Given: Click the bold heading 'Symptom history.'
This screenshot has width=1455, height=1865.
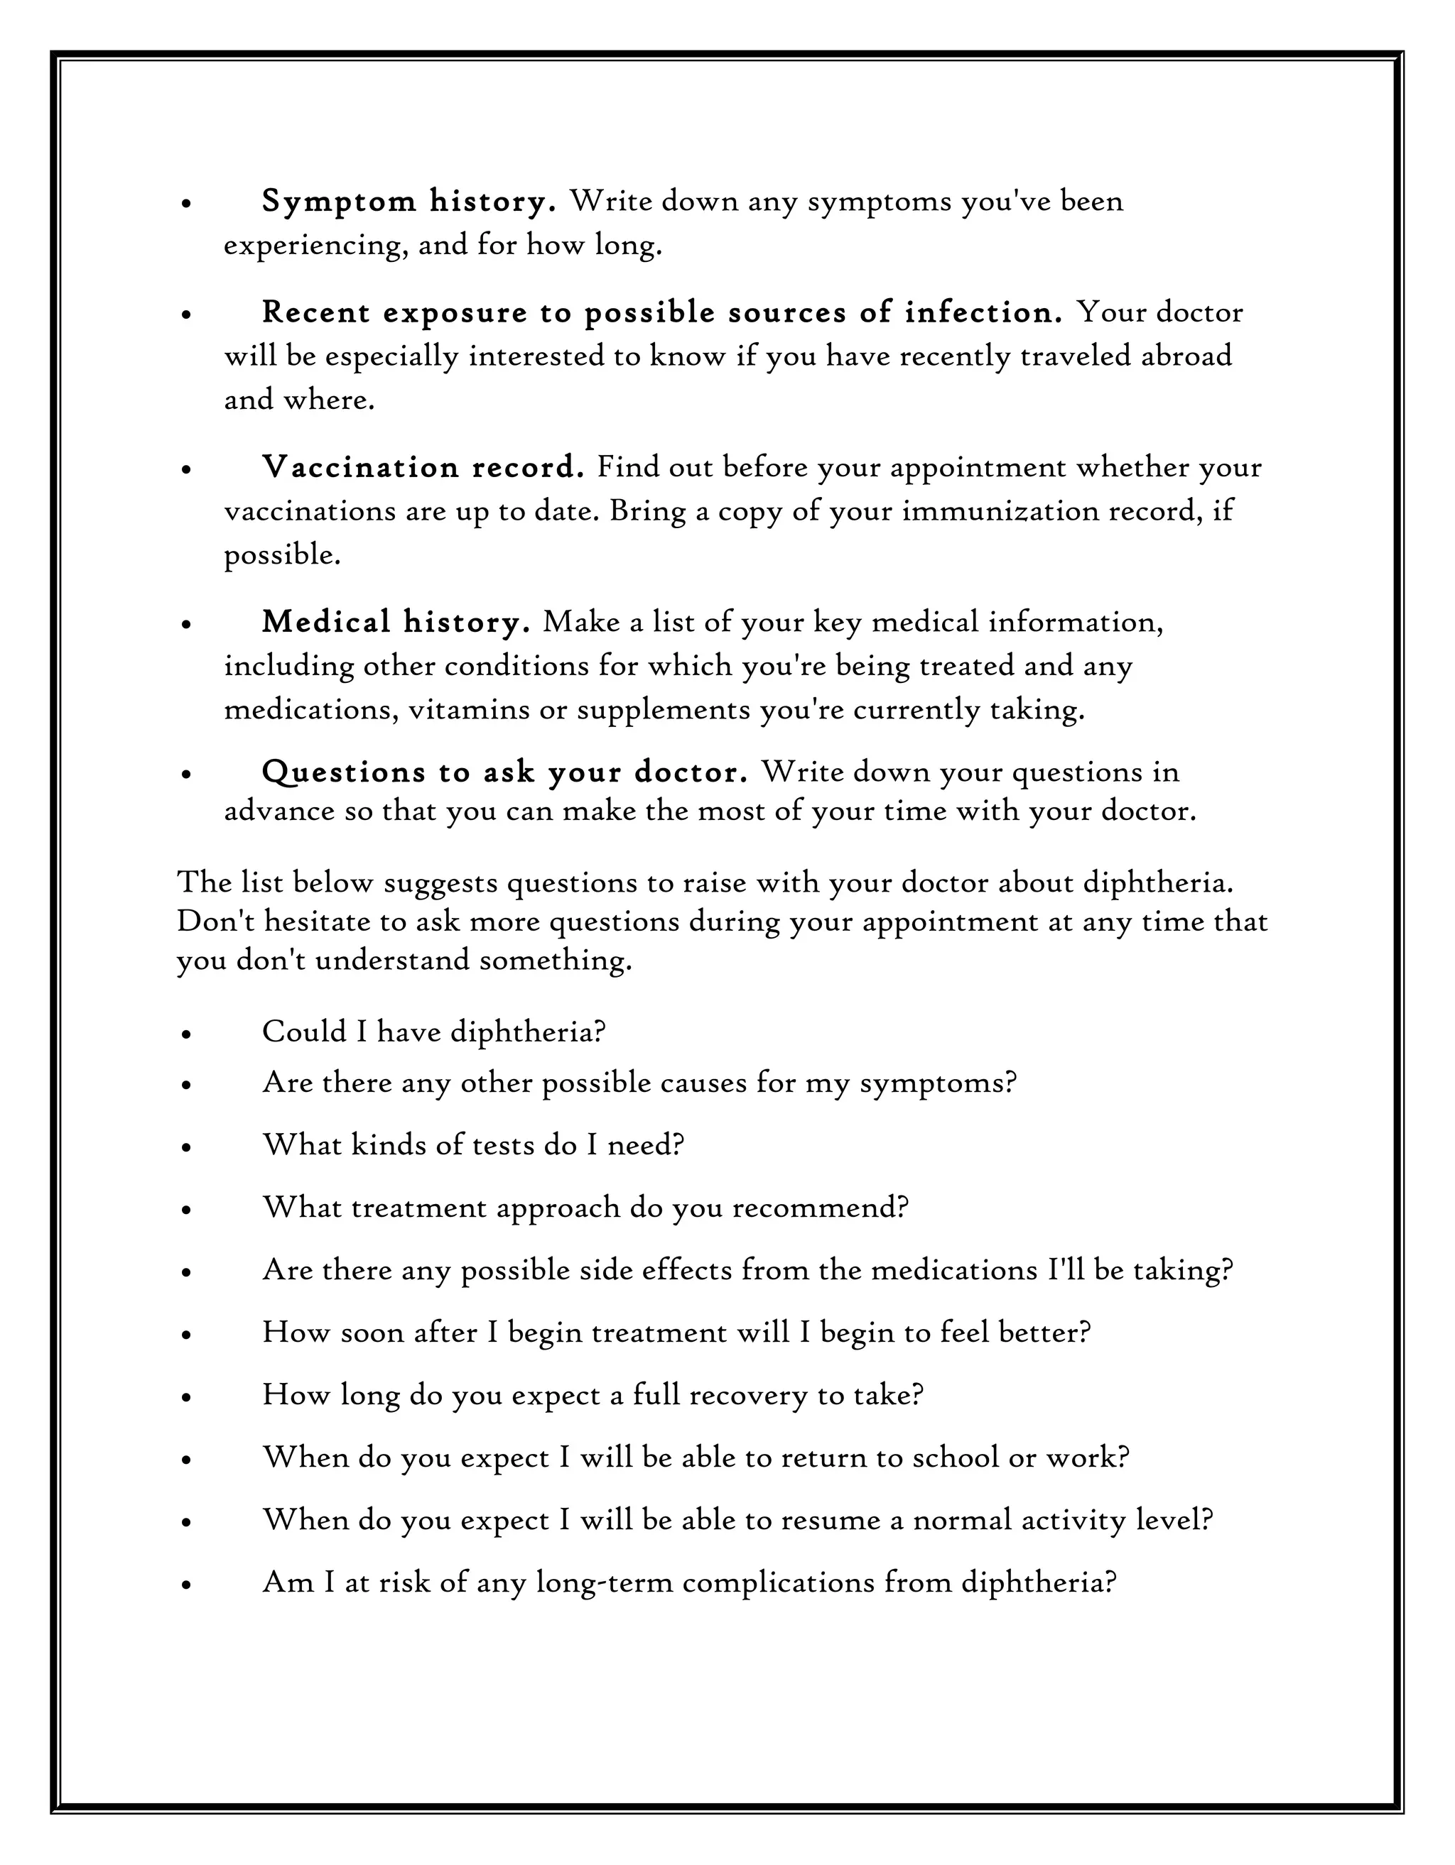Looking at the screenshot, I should point(409,202).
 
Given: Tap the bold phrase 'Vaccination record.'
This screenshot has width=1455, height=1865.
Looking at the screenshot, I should point(423,467).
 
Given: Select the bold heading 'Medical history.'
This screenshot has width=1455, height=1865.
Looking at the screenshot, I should point(396,622).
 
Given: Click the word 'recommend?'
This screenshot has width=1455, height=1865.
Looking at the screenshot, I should point(820,1208).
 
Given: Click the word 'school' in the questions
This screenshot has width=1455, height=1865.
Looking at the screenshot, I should point(955,1457).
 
